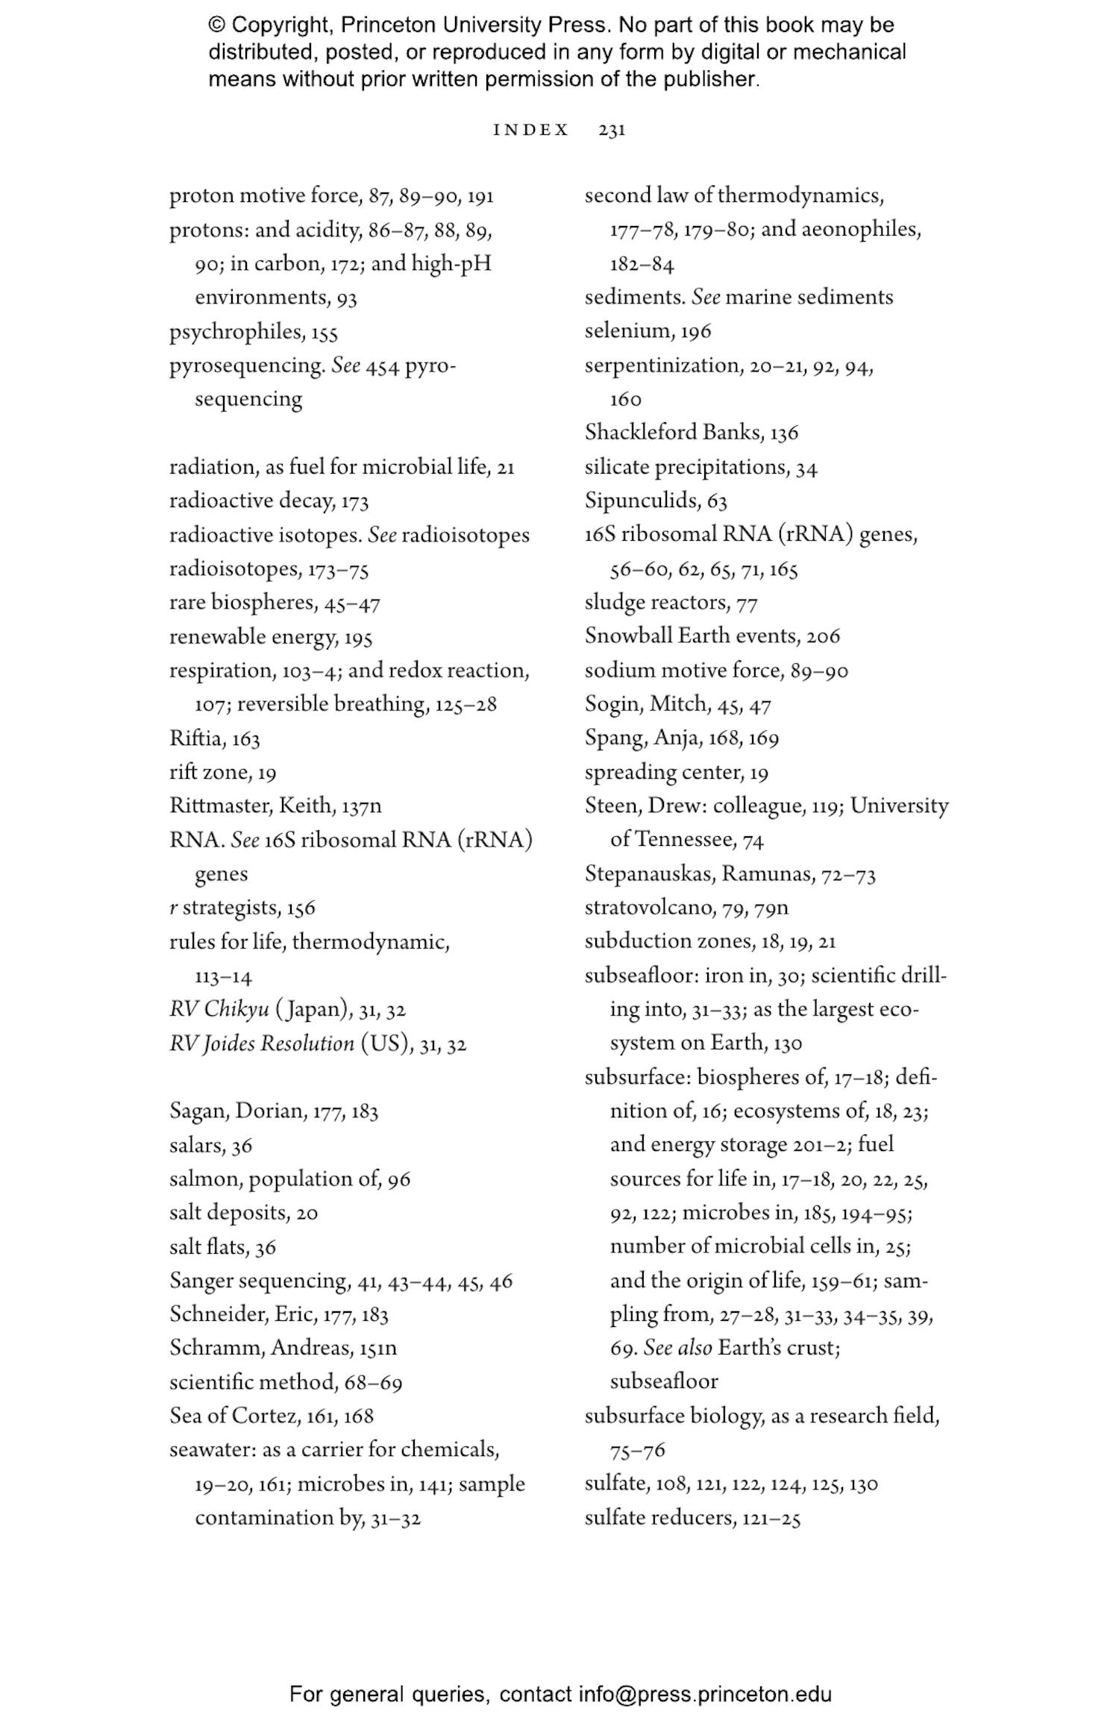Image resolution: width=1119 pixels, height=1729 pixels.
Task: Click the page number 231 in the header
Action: pos(611,131)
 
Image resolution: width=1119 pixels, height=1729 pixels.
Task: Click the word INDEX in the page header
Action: pos(531,131)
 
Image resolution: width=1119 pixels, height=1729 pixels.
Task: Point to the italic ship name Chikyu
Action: pos(236,1009)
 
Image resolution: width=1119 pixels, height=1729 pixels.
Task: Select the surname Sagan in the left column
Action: pos(198,1111)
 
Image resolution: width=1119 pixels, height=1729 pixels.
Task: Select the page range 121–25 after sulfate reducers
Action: pos(771,1519)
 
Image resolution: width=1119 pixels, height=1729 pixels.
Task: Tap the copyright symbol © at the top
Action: pos(216,25)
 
